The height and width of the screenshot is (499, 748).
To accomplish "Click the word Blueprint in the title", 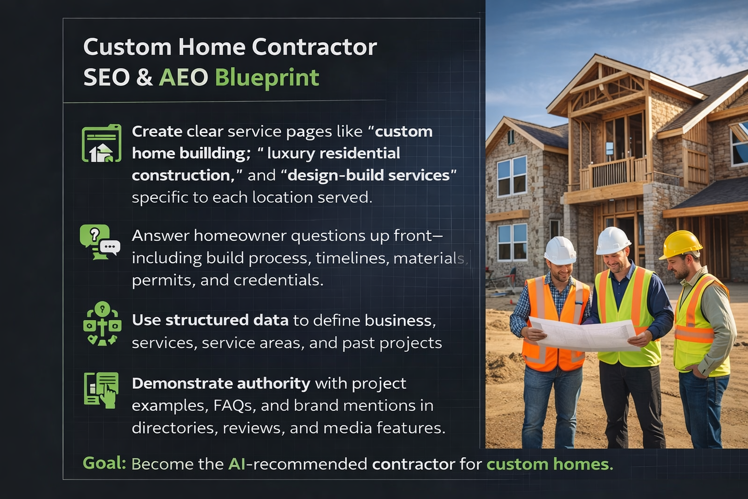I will click(x=267, y=78).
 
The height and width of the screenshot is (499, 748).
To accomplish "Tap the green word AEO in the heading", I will click(x=183, y=78).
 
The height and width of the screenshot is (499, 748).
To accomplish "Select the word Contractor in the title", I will click(x=314, y=47).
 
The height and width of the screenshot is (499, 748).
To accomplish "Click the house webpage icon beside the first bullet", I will click(x=101, y=143).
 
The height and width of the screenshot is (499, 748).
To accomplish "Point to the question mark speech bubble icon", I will click(x=99, y=242).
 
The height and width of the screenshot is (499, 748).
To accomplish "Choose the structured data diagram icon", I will click(x=102, y=324).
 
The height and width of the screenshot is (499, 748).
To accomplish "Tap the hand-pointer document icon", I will click(x=101, y=390).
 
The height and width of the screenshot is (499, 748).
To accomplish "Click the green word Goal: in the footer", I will click(x=104, y=463).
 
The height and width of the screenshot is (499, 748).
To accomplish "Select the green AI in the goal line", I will click(x=237, y=464).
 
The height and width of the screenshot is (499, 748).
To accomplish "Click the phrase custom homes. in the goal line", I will click(x=549, y=464).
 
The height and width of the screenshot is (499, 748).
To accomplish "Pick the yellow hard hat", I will click(x=681, y=244).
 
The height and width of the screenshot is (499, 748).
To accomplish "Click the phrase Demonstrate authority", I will click(x=221, y=384).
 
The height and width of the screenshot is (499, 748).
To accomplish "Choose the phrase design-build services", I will click(x=369, y=175).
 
